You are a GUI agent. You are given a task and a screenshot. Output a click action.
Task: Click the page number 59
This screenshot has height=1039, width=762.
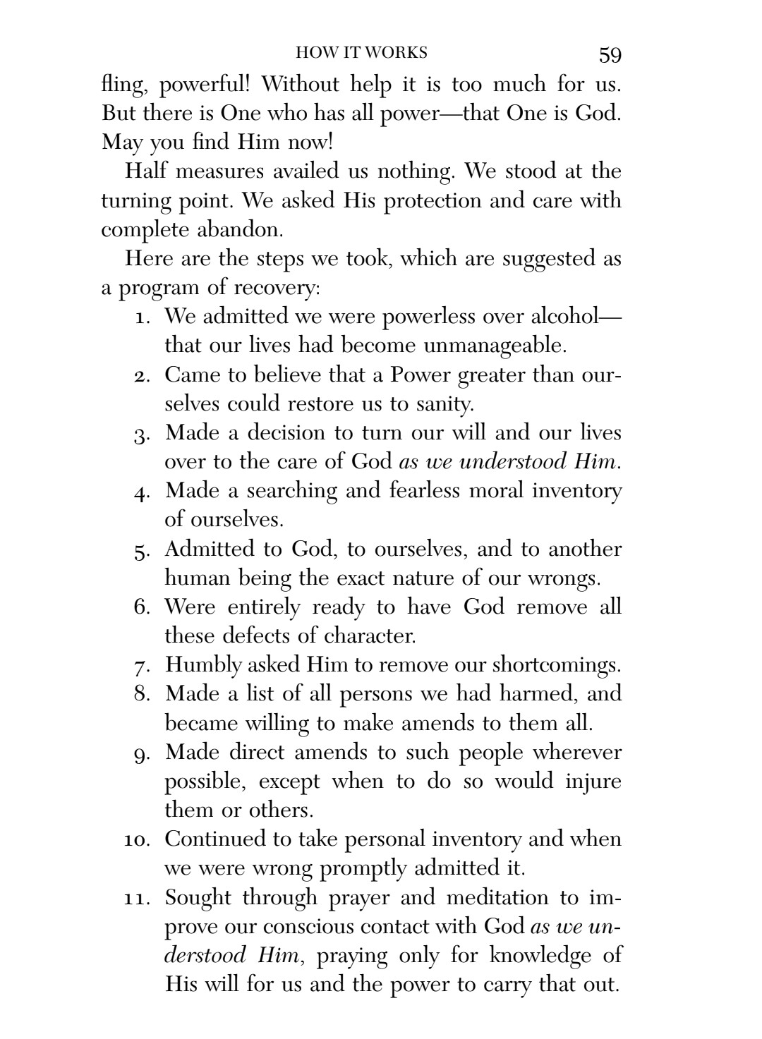point(610,55)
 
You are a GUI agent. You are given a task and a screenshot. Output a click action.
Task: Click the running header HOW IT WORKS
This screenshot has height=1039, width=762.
point(361,53)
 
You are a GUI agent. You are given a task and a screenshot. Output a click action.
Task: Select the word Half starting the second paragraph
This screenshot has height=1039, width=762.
point(146,171)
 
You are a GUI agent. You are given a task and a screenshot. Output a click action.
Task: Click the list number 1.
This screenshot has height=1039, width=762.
point(142,317)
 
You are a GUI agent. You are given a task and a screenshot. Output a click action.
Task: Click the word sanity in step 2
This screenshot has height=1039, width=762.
point(445,404)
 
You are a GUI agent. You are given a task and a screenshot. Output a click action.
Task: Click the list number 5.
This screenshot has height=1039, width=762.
point(142,550)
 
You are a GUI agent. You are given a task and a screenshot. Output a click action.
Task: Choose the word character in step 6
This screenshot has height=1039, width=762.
point(369,636)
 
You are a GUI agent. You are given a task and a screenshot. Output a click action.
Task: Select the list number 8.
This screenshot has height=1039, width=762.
point(141,694)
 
